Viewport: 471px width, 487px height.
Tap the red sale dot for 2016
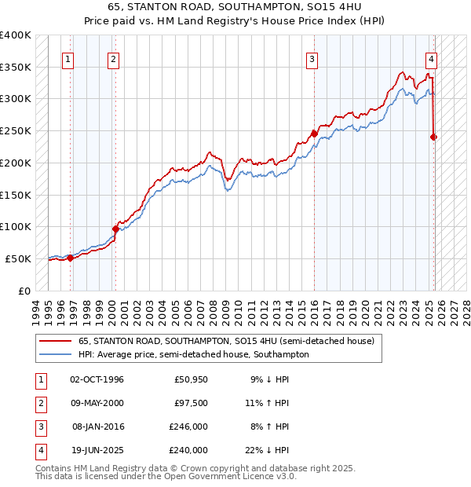(314, 134)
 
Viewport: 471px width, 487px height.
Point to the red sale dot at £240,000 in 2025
(433, 137)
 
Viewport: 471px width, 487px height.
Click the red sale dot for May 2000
(115, 229)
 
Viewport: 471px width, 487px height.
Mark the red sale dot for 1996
(70, 258)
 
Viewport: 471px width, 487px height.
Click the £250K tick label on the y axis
(16, 130)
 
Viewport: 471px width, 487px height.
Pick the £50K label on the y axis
(19, 258)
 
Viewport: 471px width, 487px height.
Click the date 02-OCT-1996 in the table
(97, 380)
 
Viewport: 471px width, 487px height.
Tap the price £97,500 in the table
(191, 404)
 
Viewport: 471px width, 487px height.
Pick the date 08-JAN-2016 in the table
(97, 427)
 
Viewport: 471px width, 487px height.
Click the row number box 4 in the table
(39, 451)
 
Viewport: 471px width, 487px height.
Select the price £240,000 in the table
(188, 451)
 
